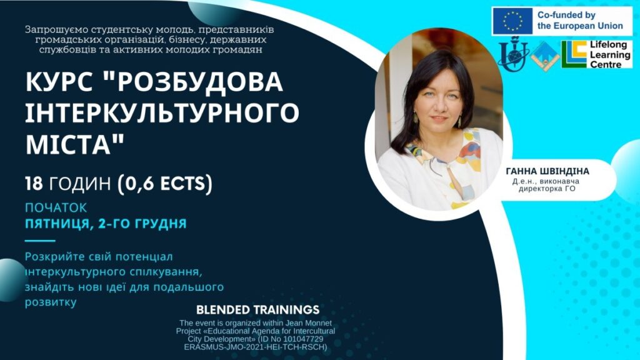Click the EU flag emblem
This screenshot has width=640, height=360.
(512, 21)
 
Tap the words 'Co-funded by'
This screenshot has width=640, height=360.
(566, 15)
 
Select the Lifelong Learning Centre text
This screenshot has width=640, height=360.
(610, 54)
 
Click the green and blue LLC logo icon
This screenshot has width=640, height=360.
(575, 54)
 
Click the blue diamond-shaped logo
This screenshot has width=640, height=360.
(545, 56)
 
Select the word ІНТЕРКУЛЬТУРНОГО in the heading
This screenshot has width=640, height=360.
(162, 112)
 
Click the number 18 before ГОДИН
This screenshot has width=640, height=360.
(34, 184)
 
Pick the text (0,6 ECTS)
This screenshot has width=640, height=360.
(165, 184)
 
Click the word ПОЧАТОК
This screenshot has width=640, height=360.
(56, 207)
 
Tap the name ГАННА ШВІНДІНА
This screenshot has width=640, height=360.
(547, 171)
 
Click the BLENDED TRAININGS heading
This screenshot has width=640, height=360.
(257, 310)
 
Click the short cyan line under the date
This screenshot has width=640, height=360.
(40, 241)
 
